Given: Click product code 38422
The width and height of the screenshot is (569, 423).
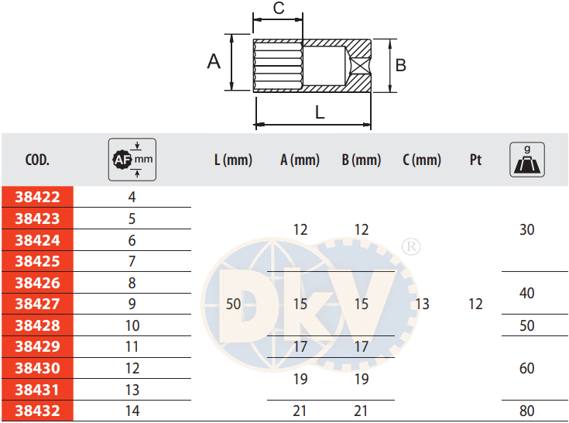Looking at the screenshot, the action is pyautogui.click(x=37, y=197).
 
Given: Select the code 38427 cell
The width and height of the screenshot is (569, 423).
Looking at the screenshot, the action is pyautogui.click(x=37, y=304).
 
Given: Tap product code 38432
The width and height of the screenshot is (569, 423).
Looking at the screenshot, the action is pyautogui.click(x=37, y=411).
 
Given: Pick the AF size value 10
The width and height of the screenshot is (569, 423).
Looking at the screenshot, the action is pyautogui.click(x=132, y=325).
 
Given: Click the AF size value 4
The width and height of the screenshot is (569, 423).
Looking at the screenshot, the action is pyautogui.click(x=132, y=197).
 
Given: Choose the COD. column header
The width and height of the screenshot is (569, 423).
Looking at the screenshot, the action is pyautogui.click(x=37, y=160).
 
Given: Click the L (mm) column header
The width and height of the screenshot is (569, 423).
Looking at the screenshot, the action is pyautogui.click(x=233, y=160).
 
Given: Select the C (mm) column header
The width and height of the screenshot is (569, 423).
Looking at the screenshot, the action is pyautogui.click(x=422, y=160).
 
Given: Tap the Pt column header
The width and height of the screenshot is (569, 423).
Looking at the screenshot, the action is pyautogui.click(x=476, y=160).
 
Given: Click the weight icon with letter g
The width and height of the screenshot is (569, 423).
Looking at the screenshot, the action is pyautogui.click(x=527, y=160).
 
